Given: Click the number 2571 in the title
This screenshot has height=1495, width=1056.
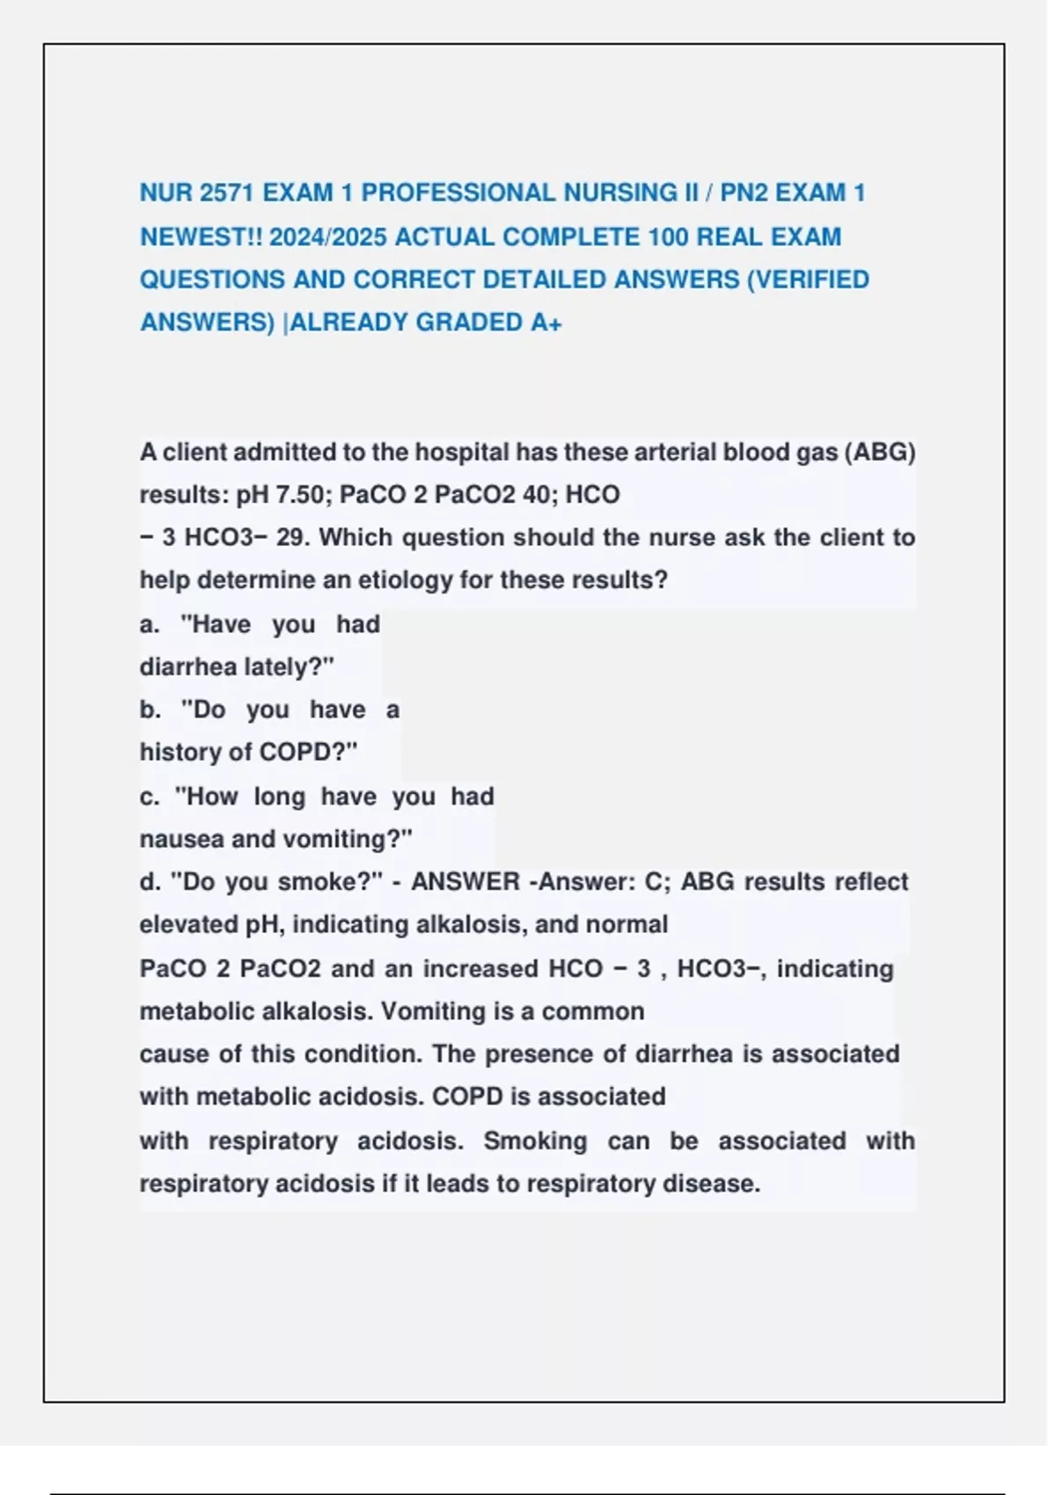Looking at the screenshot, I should (228, 193).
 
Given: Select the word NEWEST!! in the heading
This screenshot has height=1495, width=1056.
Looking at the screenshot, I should (201, 237).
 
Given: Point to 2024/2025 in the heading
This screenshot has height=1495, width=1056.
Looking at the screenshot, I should (327, 237).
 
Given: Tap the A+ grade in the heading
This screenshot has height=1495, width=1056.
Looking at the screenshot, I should (546, 323).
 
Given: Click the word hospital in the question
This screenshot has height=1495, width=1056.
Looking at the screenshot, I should (462, 452).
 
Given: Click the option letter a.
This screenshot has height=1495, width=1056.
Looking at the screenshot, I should (149, 624).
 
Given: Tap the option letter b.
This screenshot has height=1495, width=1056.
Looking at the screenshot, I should (149, 710).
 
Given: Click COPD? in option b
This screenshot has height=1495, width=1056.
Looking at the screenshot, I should (308, 753).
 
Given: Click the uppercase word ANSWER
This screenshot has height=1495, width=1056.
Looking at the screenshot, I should (466, 881).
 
